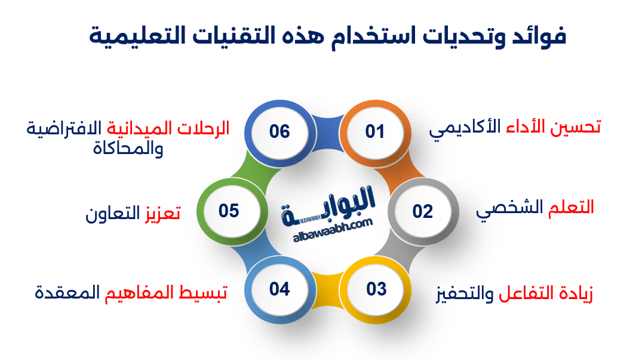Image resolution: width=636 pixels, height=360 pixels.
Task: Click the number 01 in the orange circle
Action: pos(375,131)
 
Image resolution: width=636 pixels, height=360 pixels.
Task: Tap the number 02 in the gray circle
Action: pos(422,211)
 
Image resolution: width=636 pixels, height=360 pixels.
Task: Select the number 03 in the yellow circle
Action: pos(376,290)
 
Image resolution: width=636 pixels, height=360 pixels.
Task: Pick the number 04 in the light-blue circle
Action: pos(279,290)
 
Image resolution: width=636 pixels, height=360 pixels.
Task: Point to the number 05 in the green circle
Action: pos(229,211)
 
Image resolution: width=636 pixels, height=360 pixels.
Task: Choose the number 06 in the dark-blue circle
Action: pos(279,131)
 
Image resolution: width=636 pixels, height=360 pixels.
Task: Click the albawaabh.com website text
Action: pos(333,230)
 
